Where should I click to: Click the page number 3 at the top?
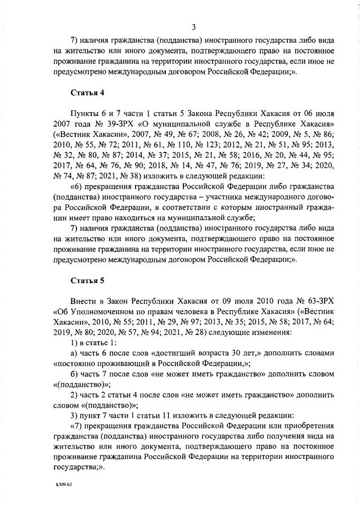pyautogui.click(x=193, y=27)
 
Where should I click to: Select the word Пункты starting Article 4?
pyautogui.click(x=84, y=113)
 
